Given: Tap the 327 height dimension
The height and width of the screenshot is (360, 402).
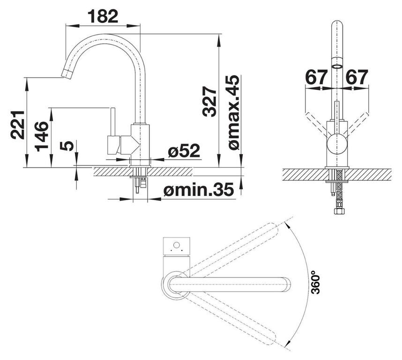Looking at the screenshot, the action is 209,102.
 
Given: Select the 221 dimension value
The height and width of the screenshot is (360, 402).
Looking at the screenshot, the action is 18,125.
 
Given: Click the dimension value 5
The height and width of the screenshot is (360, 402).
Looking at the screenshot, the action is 67,146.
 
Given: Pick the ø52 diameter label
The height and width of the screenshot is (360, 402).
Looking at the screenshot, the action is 184,151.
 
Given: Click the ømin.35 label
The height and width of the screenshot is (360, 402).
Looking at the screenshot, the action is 199,190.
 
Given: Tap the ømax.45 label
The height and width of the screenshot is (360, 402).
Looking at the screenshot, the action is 234,112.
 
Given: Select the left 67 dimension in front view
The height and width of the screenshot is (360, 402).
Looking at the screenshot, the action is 316,77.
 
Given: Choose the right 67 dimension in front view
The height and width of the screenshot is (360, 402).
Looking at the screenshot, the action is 357,77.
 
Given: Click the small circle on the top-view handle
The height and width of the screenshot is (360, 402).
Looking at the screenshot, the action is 176,245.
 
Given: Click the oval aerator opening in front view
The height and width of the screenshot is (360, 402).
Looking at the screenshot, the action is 337,67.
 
